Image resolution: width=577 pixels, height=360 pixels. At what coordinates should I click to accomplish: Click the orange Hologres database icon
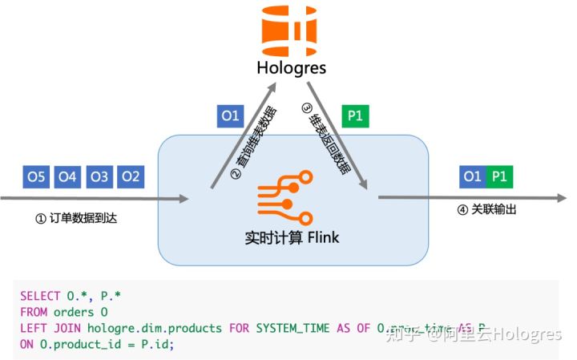point(288,26)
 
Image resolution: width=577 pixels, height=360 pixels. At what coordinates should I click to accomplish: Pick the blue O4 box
point(68,176)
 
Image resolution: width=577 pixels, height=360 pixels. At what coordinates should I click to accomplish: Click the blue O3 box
point(99,176)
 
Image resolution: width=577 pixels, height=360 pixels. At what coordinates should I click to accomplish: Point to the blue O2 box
point(131,176)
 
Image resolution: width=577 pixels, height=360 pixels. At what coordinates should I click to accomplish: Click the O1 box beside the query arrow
point(230,115)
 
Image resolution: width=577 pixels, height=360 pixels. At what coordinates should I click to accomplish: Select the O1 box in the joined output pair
point(473,176)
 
